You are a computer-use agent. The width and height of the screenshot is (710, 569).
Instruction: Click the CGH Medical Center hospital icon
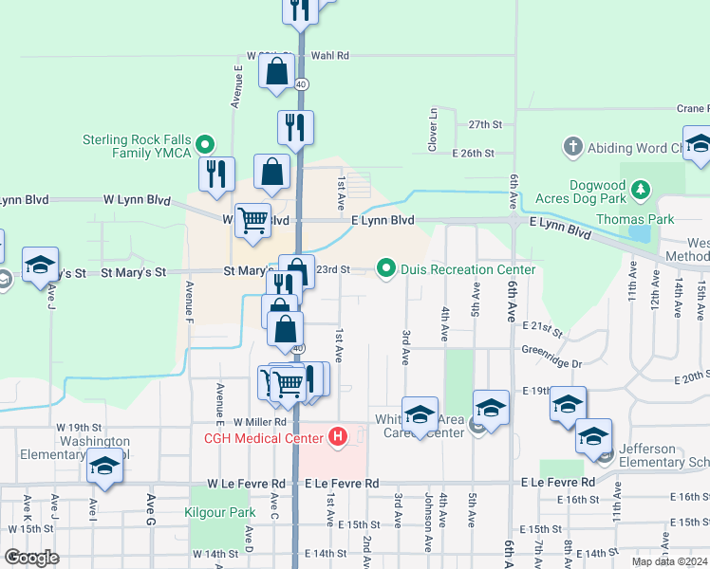tap(337, 437)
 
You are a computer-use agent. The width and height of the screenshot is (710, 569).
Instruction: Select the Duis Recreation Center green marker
tap(386, 269)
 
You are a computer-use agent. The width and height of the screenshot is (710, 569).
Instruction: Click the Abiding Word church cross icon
tap(571, 147)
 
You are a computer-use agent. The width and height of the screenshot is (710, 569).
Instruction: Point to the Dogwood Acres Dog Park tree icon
tap(642, 189)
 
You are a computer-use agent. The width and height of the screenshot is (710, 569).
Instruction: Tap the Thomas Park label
tap(634, 219)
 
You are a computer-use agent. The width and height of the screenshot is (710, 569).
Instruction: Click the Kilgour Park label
tap(219, 512)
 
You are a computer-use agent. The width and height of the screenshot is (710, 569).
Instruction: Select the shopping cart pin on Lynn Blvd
tap(252, 219)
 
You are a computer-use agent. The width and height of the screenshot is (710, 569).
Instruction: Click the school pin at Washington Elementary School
tap(104, 465)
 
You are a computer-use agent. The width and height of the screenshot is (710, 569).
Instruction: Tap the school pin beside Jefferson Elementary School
tap(593, 435)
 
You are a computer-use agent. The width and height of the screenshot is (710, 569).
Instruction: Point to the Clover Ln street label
tap(433, 129)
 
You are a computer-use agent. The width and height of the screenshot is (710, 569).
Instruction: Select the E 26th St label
tap(474, 153)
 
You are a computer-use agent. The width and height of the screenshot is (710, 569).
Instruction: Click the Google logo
tap(31, 558)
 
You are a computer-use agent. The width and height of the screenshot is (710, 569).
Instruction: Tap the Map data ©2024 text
tap(668, 561)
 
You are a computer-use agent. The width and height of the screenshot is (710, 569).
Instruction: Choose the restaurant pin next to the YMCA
tap(216, 174)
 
